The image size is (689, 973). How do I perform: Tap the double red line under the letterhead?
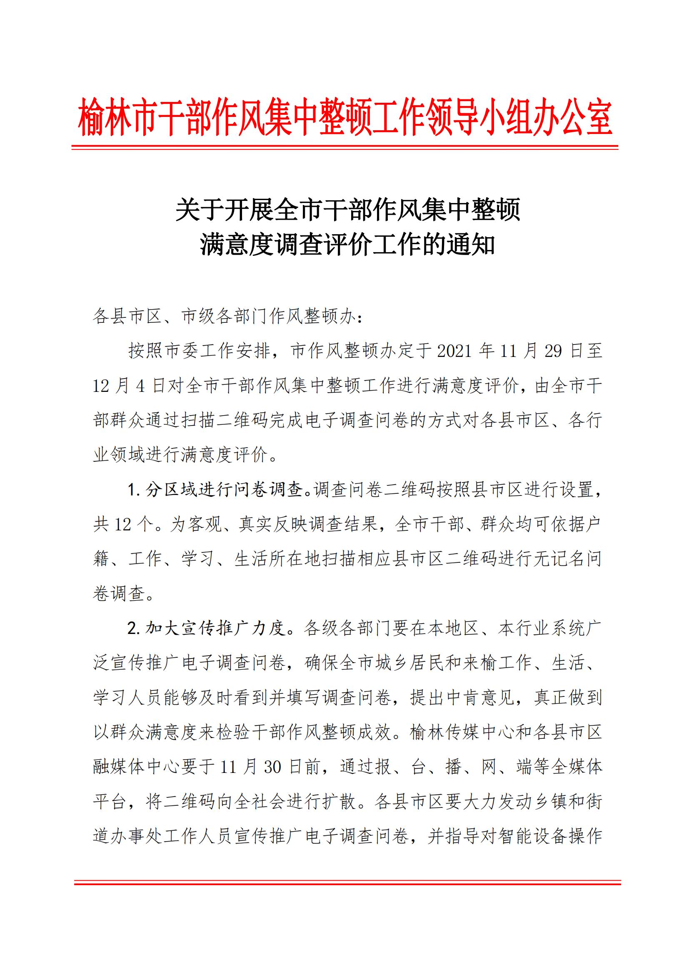click(x=344, y=147)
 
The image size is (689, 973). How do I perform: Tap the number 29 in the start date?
click(x=553, y=352)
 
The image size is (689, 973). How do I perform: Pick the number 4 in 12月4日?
click(x=141, y=386)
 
